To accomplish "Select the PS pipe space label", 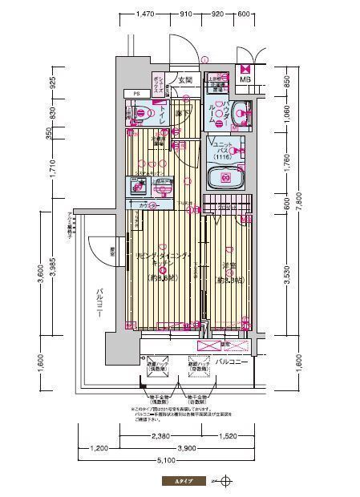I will click(x=136, y=94).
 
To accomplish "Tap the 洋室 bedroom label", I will click(x=228, y=267).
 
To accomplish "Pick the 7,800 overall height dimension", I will click(x=298, y=207).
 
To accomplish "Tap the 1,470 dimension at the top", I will click(x=145, y=14).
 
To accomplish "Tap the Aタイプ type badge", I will click(x=173, y=483).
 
